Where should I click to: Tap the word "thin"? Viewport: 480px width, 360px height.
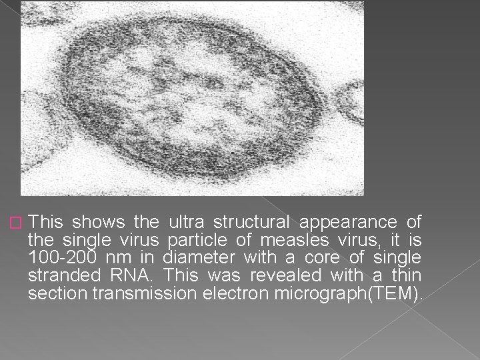(406, 274)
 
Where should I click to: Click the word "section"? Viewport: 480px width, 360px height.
(53, 292)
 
